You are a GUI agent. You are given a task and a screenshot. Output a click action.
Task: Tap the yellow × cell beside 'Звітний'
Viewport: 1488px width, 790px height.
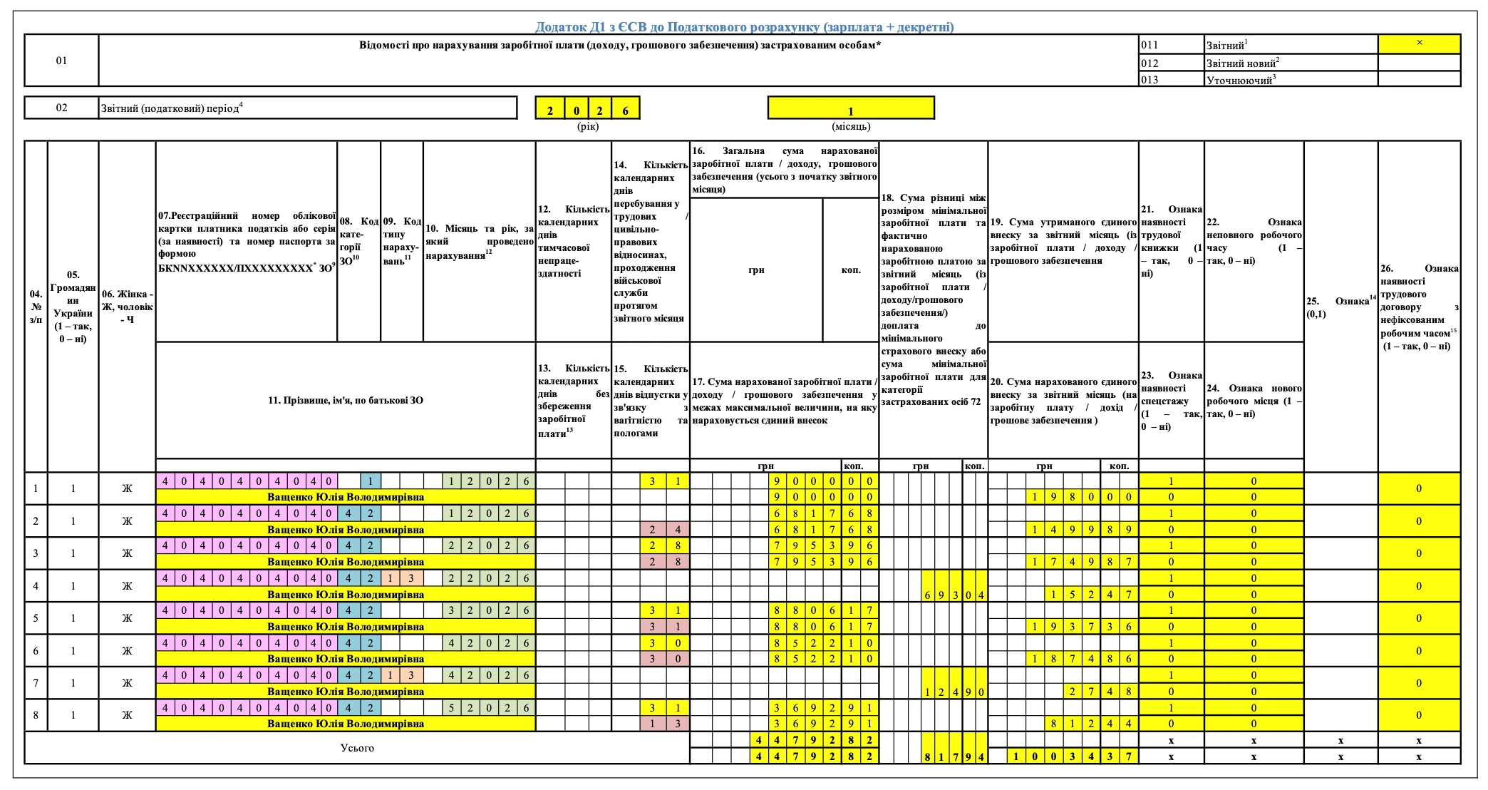(x=1419, y=43)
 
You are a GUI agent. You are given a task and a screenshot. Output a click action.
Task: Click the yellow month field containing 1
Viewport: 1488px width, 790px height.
(x=850, y=108)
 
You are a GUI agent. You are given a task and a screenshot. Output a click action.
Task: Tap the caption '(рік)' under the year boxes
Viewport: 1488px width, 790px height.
(x=587, y=126)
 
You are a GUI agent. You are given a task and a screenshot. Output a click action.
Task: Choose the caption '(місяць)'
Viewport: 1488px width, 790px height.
(x=850, y=126)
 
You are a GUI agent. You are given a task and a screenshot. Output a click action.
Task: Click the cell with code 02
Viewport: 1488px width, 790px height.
(x=61, y=108)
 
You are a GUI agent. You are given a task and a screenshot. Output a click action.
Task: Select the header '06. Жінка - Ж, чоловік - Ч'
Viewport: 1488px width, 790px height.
(x=127, y=307)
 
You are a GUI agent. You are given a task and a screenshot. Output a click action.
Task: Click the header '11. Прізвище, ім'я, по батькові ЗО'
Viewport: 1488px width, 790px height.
(x=346, y=400)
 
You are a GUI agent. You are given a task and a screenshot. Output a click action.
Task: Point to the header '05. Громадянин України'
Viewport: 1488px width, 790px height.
(x=73, y=307)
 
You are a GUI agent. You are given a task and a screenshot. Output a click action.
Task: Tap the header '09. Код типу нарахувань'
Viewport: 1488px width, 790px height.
(x=402, y=241)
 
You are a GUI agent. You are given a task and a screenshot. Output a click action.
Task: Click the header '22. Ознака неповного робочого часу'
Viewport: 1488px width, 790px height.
(x=1254, y=241)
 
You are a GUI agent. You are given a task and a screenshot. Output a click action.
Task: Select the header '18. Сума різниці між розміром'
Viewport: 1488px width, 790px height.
(x=933, y=299)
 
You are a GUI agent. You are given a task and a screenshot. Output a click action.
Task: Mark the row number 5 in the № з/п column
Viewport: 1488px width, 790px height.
(x=36, y=618)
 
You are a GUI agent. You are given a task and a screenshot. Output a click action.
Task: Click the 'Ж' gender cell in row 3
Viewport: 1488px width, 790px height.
(x=127, y=553)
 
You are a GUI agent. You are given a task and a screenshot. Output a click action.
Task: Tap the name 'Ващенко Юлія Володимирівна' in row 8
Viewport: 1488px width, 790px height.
(x=346, y=724)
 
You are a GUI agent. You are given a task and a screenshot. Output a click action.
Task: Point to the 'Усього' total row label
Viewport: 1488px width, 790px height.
(x=357, y=748)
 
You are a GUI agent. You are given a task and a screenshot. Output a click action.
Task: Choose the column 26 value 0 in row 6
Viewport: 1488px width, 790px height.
(x=1418, y=650)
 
